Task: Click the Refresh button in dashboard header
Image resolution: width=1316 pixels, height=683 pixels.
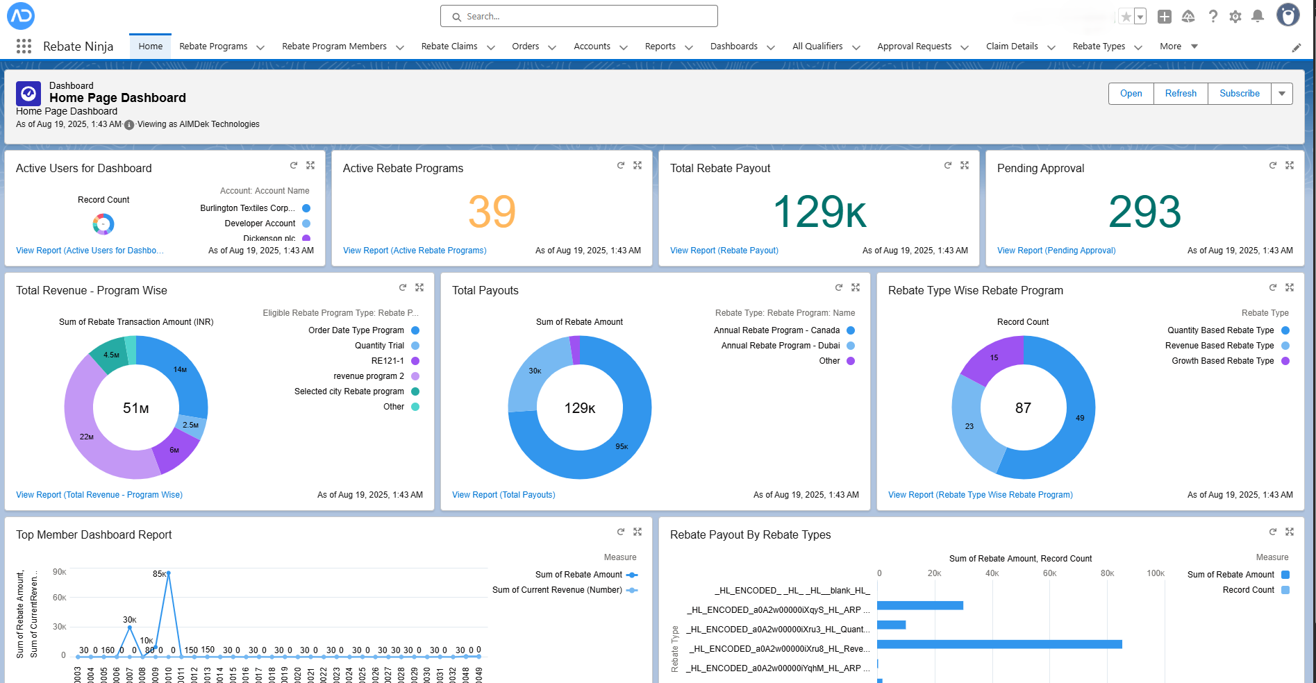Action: (x=1181, y=94)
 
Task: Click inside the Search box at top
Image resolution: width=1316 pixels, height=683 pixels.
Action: (x=583, y=16)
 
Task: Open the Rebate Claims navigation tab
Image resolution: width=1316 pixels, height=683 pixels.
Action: (x=449, y=47)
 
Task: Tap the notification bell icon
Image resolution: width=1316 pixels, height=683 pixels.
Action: (x=1258, y=16)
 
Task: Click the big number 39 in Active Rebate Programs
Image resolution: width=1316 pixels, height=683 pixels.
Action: (x=492, y=212)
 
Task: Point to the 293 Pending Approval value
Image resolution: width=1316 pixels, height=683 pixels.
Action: (x=1144, y=212)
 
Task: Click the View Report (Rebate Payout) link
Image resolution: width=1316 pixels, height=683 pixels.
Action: (x=724, y=251)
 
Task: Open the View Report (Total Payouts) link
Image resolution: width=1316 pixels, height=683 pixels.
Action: (x=503, y=495)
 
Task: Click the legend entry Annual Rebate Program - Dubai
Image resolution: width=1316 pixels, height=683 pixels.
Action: (x=780, y=346)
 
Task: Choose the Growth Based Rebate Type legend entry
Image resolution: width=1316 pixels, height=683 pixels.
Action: (x=1222, y=361)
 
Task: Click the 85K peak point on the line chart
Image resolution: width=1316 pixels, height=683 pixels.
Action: (x=169, y=573)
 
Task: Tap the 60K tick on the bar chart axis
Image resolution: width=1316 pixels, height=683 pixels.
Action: (x=1049, y=573)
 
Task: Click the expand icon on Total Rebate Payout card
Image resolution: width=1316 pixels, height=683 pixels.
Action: (x=965, y=165)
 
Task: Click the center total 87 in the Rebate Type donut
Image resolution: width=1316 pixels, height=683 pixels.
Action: (x=1023, y=408)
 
